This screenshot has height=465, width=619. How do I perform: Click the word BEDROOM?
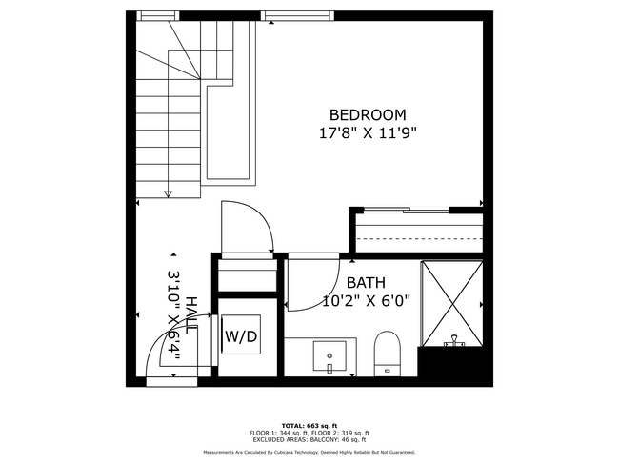click(368, 114)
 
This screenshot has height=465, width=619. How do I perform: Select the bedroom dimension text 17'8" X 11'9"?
click(368, 133)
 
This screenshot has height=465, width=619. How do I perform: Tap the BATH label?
click(366, 283)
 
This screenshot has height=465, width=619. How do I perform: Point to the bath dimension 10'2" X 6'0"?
click(366, 302)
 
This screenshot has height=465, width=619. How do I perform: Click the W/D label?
click(239, 336)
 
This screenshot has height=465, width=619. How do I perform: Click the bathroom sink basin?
click(330, 356)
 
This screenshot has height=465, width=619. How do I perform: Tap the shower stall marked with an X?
click(453, 300)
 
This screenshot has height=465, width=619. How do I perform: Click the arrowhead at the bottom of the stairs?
click(169, 194)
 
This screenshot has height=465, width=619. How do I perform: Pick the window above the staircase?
click(158, 15)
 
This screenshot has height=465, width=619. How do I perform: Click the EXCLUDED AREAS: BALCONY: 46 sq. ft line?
click(309, 440)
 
